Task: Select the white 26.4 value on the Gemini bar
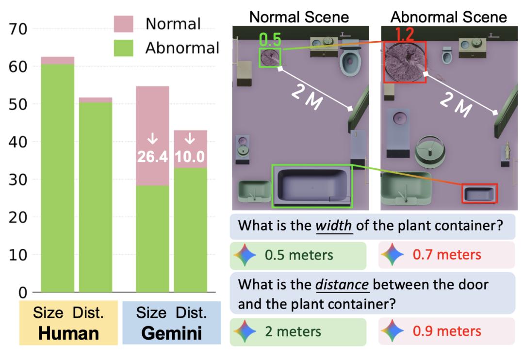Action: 152,157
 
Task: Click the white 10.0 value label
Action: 190,157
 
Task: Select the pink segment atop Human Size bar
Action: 57,60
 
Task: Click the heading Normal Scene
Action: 299,17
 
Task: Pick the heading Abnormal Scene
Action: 449,17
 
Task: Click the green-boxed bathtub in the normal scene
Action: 312,186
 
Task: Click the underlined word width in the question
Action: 334,226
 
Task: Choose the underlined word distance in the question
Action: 343,285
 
